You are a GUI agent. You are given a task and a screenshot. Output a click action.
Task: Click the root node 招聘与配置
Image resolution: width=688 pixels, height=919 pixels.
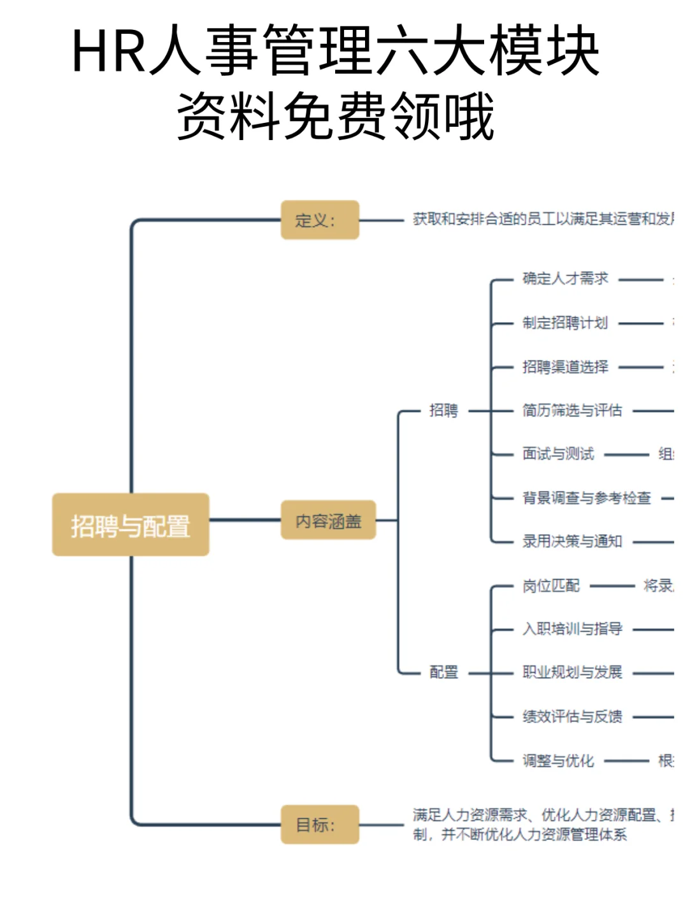131,525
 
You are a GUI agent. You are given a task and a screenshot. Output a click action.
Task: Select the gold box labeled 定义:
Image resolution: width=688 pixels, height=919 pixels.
320,220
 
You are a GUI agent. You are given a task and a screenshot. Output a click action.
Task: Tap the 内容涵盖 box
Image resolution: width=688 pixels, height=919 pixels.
328,521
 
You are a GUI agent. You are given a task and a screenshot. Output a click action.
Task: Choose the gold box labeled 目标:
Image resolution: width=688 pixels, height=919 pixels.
320,825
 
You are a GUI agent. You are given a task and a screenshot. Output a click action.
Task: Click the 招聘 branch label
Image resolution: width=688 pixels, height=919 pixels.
443,410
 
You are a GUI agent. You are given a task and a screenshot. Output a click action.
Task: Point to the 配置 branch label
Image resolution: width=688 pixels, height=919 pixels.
443,672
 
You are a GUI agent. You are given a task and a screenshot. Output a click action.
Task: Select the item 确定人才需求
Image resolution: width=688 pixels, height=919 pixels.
565,278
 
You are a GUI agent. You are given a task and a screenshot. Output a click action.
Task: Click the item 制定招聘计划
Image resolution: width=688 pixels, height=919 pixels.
565,323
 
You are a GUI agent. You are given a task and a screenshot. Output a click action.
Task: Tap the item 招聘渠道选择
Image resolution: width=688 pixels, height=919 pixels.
565,367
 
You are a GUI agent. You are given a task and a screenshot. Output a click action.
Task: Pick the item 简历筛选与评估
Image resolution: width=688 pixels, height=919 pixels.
572,410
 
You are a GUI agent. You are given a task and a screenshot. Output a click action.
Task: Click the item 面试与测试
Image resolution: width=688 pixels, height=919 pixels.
558,454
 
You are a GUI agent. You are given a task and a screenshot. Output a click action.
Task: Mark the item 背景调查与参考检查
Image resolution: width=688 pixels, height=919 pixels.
587,498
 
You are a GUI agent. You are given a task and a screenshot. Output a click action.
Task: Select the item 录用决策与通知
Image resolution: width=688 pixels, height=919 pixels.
572,541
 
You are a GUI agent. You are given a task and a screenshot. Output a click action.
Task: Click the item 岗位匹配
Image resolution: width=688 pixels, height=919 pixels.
551,585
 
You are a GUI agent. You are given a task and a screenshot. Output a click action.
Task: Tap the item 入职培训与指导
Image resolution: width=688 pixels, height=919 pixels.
572,629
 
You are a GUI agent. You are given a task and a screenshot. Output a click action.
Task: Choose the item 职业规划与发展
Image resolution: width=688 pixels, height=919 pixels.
572,672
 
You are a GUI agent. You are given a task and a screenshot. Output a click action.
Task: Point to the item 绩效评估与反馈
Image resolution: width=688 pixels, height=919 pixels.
572,716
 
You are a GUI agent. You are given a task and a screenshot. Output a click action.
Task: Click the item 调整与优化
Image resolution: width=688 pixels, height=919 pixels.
558,760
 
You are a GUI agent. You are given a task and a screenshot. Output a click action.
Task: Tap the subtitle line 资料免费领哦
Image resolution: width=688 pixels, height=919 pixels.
336,116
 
